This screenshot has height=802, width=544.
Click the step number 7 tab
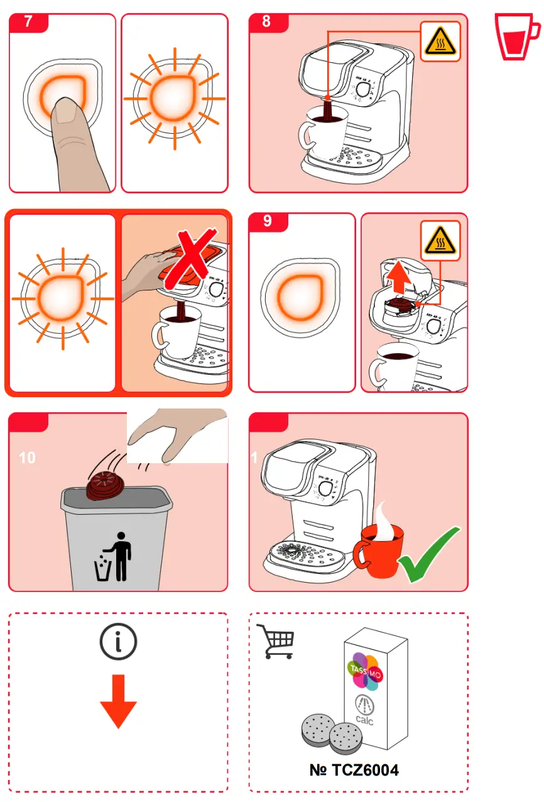[x=28, y=22]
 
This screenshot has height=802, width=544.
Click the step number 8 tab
[x=268, y=22]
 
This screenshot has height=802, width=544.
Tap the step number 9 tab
[x=268, y=221]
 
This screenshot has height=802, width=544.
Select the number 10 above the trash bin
[x=27, y=458]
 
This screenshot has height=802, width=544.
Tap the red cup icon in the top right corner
[x=516, y=37]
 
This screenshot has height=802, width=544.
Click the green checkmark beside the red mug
[x=428, y=555]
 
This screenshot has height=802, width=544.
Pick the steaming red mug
[x=379, y=551]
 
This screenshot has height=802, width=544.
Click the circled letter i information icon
[x=118, y=642]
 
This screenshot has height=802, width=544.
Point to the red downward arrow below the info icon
[x=118, y=701]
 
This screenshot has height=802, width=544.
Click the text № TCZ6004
[x=354, y=770]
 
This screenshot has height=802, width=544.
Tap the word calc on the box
[x=364, y=720]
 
